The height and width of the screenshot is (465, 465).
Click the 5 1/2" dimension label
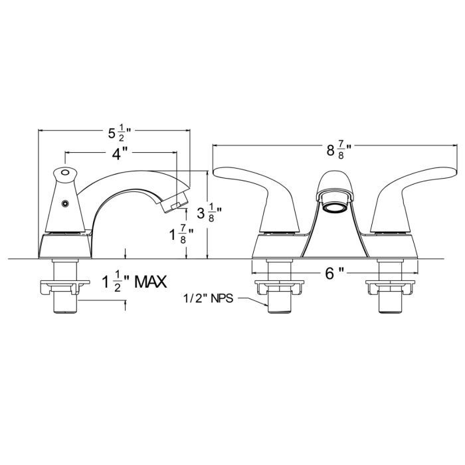coord(120,133)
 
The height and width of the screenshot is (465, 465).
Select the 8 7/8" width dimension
coord(339,150)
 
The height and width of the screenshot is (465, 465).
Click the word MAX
coord(151,282)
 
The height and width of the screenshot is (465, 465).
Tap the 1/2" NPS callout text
coord(208,298)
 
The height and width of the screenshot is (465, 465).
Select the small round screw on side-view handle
coord(65,203)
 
